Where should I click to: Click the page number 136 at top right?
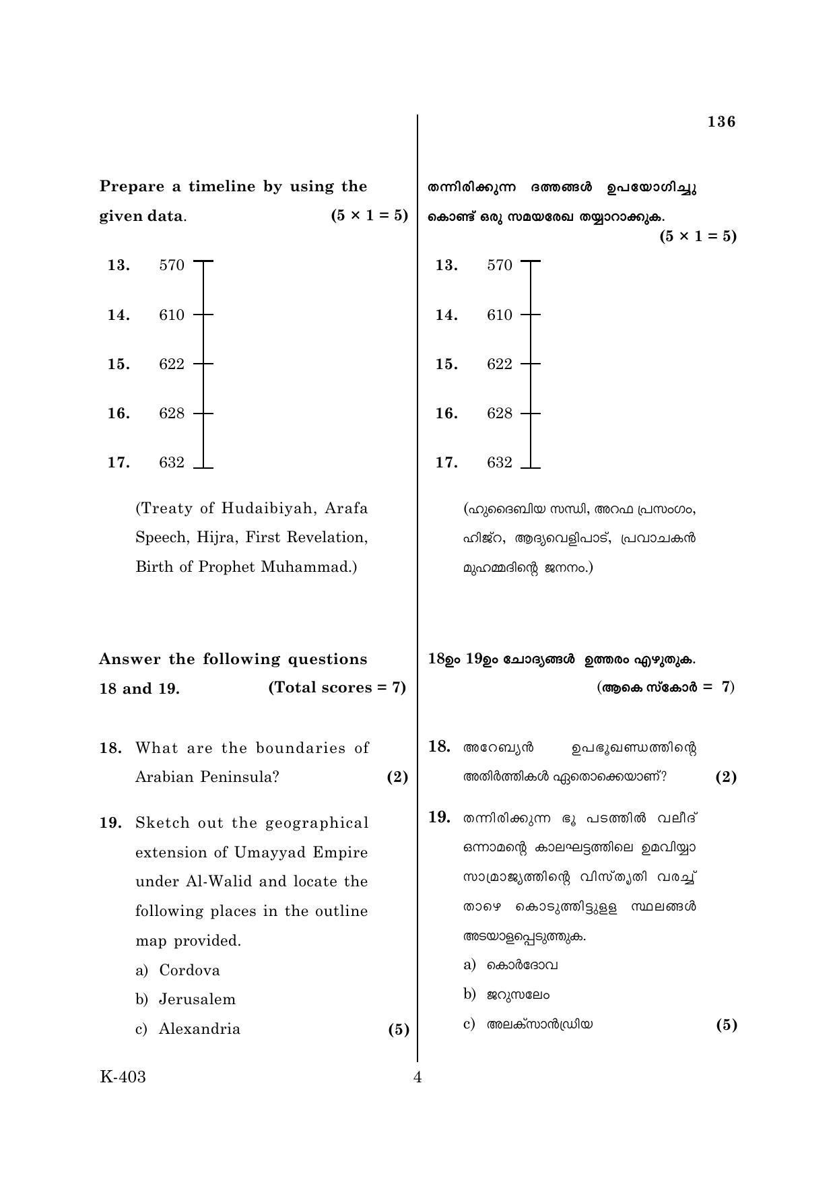point(721,122)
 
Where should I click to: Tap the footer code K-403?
point(123,1077)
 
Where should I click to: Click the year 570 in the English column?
point(172,265)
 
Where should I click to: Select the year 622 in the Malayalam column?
point(500,364)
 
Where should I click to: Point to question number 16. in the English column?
point(119,414)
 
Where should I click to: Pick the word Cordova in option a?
point(189,971)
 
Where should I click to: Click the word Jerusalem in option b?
point(197,999)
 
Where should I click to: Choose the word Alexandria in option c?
point(199,1029)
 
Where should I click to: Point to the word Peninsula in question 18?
point(240,777)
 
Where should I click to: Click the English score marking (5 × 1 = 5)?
point(370,216)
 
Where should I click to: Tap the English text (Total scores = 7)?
point(337,688)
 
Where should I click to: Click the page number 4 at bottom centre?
point(417,1078)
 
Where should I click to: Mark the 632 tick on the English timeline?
point(203,467)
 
